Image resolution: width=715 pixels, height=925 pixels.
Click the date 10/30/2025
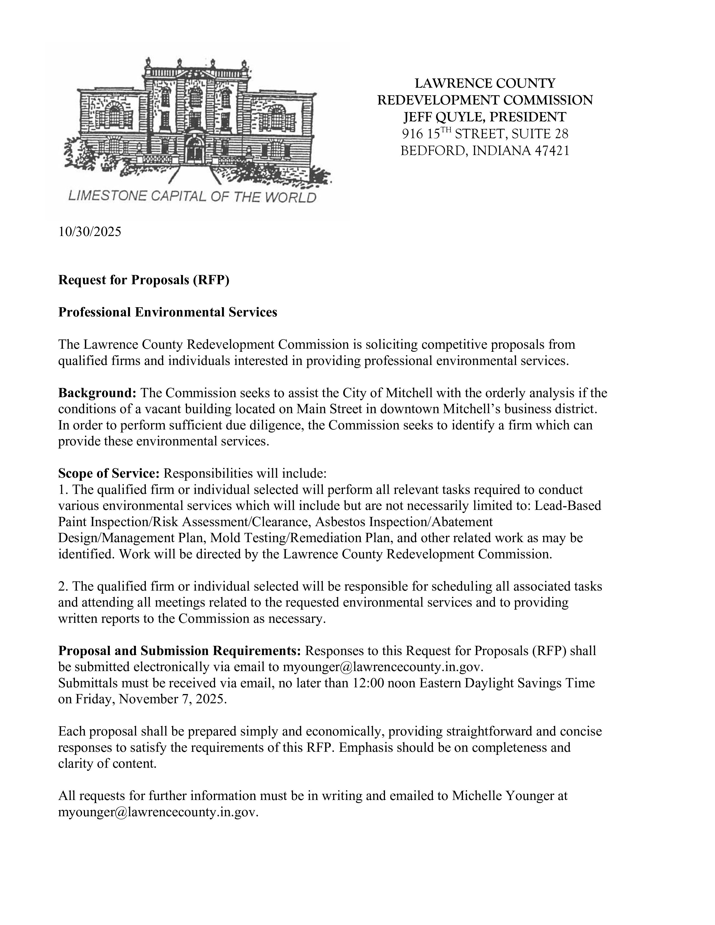tap(89, 232)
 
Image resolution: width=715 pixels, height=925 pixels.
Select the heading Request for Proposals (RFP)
tap(144, 280)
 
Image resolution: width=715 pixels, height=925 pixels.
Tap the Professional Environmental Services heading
tap(167, 312)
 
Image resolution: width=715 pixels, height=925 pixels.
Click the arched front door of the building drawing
tap(194, 150)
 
